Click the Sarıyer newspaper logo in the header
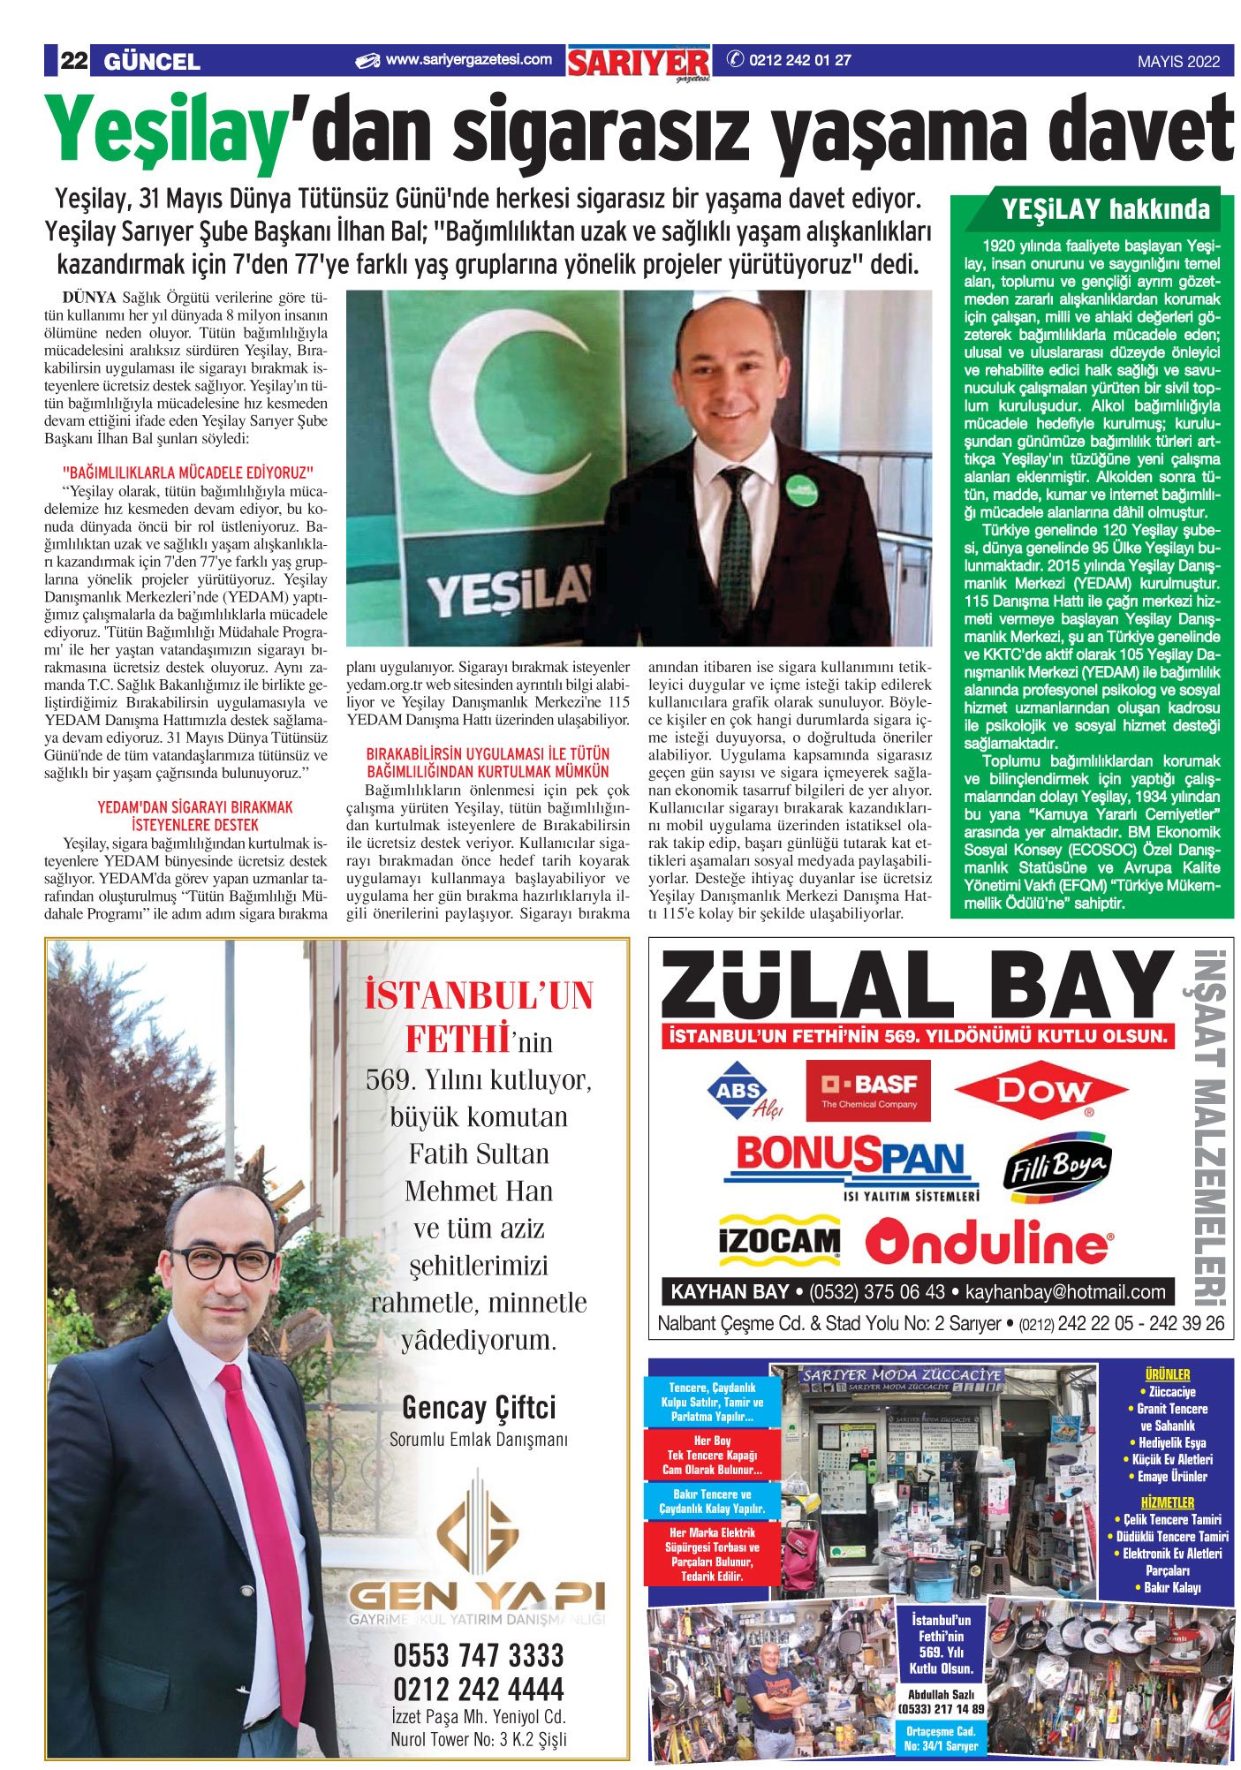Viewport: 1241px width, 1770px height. coord(639,63)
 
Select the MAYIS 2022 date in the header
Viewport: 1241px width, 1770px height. coord(1178,62)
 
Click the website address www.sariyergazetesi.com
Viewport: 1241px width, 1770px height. coord(467,60)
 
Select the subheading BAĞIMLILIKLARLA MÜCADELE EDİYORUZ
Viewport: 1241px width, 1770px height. coord(188,473)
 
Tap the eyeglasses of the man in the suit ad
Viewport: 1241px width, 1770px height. coord(222,1263)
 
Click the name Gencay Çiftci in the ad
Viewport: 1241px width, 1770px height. coord(479,1406)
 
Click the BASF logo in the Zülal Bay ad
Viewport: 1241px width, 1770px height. coord(867,1090)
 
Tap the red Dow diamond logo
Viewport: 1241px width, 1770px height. coord(1041,1091)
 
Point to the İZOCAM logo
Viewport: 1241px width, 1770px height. coord(778,1241)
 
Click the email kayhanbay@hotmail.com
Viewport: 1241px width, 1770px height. coord(1065,1291)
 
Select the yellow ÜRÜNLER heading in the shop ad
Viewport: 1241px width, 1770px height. coord(1167,1374)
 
